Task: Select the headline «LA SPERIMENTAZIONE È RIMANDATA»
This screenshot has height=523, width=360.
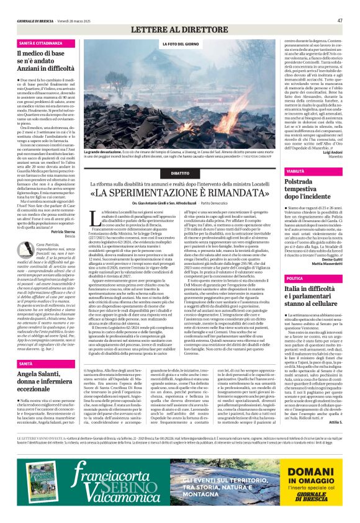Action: click(180, 193)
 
